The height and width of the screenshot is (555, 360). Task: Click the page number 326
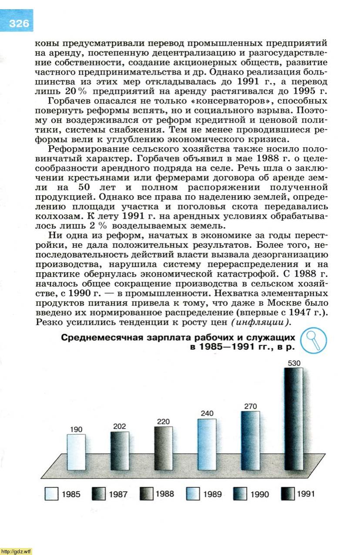(x=18, y=23)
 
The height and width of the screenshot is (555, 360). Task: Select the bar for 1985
(x=76, y=452)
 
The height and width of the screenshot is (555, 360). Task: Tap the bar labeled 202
(x=119, y=450)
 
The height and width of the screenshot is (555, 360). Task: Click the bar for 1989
(x=207, y=444)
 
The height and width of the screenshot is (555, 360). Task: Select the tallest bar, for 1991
(x=294, y=418)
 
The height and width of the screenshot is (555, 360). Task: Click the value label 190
(x=76, y=430)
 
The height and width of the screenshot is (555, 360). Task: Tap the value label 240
(x=207, y=413)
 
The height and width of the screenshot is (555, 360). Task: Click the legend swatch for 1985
(x=51, y=494)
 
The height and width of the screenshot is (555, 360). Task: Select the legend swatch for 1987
(x=99, y=494)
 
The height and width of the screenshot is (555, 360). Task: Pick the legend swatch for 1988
(x=146, y=494)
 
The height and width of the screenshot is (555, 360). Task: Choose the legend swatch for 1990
(x=241, y=494)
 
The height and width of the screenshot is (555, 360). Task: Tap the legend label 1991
(x=306, y=494)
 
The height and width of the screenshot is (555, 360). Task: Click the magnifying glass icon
(x=313, y=341)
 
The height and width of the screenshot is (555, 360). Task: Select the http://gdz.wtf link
(x=17, y=551)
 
